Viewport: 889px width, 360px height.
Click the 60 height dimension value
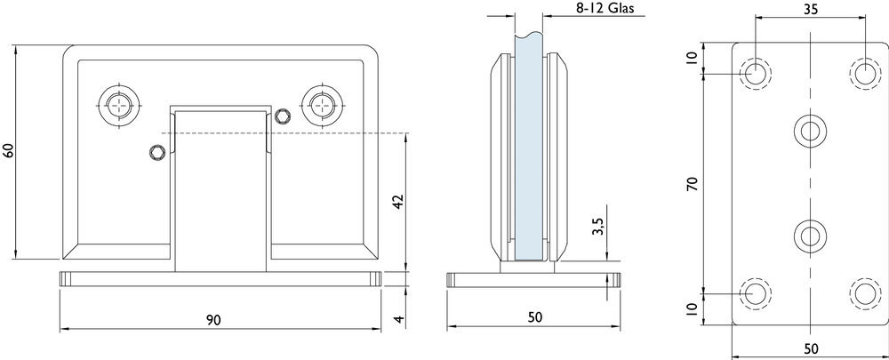click(x=8, y=151)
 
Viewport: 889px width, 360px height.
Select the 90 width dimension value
click(x=213, y=320)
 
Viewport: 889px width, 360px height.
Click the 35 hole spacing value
click(x=812, y=9)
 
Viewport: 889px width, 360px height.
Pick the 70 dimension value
click(x=692, y=184)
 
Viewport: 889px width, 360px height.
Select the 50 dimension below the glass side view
click(x=535, y=317)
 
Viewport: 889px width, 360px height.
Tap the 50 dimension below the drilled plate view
click(x=812, y=348)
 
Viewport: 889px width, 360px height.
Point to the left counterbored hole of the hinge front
click(x=119, y=105)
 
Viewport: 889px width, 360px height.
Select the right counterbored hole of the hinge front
click(x=323, y=104)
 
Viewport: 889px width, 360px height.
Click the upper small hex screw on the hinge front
click(x=282, y=116)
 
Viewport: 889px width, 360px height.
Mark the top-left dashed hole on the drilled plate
click(x=755, y=74)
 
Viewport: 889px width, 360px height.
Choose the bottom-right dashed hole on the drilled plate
click(x=865, y=293)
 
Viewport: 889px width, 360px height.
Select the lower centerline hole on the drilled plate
click(x=810, y=236)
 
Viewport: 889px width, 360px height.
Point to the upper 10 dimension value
click(x=692, y=59)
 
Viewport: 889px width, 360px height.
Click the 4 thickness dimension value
click(x=399, y=319)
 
